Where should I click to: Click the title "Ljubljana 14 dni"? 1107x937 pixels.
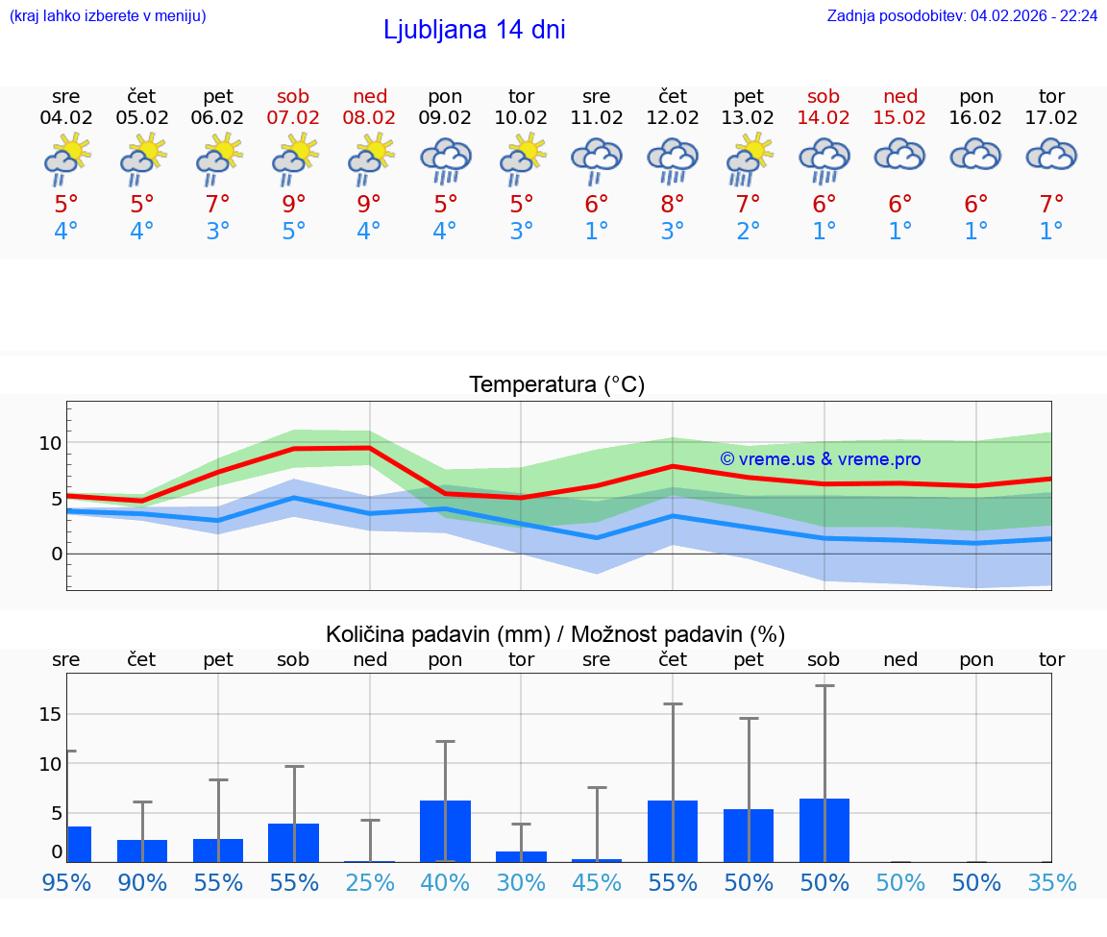474,30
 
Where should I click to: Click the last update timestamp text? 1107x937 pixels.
962,15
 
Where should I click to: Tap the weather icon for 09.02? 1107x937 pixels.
445,160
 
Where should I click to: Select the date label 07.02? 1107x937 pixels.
293,118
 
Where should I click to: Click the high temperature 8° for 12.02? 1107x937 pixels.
673,205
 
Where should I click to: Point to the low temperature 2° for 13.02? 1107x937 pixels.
749,232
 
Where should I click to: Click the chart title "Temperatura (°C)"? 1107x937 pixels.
556,385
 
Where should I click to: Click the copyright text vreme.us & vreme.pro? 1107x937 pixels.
820,459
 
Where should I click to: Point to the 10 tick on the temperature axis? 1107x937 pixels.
51,443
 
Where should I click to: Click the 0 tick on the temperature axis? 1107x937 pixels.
57,554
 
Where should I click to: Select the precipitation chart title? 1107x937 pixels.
555,634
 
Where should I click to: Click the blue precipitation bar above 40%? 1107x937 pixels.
445,831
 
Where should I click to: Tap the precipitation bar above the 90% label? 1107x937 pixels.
142,851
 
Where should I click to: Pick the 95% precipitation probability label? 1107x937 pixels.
66,883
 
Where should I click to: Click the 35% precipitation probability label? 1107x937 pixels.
1051,883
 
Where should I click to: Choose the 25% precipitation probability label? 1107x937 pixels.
370,883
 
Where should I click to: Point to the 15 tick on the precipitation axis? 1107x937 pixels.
51,714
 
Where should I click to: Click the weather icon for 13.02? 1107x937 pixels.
749,160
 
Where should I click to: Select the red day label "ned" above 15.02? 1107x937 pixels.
900,96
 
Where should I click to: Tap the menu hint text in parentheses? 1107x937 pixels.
108,15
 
